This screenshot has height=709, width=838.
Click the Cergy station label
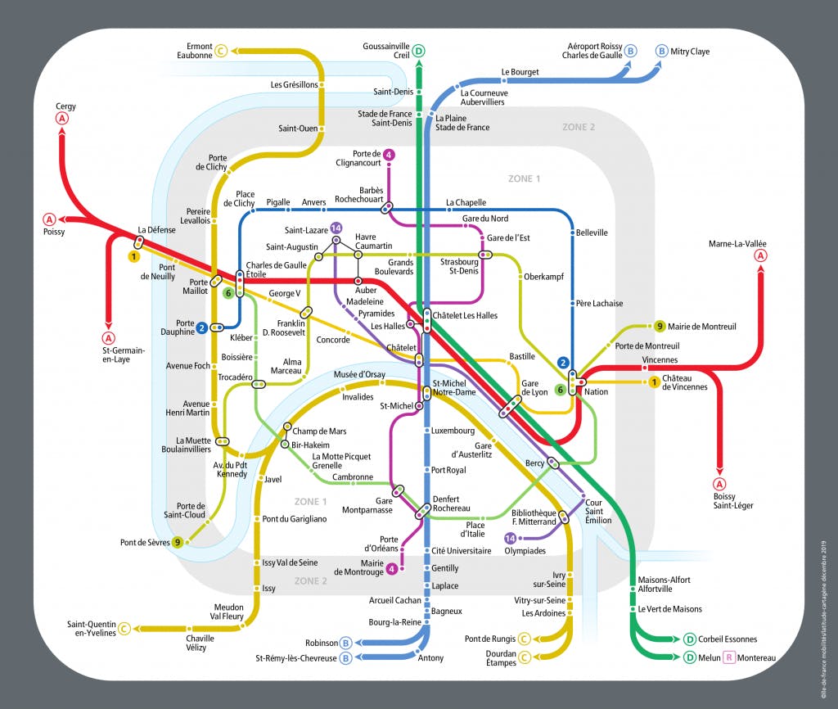point(65,106)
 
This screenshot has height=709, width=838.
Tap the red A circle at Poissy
point(50,219)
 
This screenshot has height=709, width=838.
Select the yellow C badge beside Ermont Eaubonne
point(221,52)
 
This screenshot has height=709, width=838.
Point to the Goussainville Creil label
point(390,51)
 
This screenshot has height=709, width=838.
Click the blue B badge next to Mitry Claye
point(661,52)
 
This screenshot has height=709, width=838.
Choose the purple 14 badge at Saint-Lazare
point(336,228)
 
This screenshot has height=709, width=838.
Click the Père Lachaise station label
point(598,304)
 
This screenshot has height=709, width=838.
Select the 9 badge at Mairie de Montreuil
point(660,327)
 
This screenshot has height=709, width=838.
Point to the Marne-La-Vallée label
point(743,244)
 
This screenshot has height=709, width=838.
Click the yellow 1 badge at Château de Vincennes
point(654,382)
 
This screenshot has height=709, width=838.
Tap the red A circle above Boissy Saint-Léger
point(720,483)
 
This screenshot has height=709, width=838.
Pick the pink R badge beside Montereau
point(727,657)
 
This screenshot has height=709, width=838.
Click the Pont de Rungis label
point(490,639)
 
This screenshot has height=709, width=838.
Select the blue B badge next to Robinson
point(346,643)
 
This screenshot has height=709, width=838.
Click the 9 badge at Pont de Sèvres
point(178,542)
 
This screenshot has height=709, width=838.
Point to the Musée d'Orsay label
point(360,375)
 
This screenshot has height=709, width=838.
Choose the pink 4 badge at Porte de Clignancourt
point(390,155)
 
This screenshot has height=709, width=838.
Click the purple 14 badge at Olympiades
point(511,539)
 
